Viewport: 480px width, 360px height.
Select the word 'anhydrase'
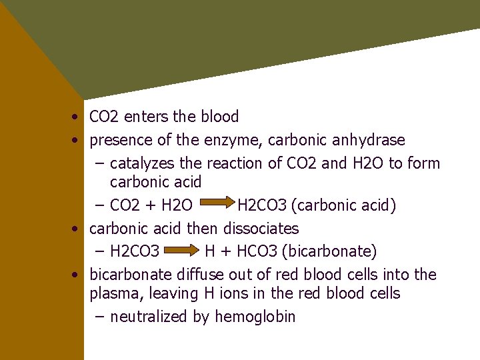(x=371, y=141)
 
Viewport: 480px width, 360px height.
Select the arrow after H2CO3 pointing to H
(x=182, y=251)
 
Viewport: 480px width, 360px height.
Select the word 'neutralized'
(x=149, y=317)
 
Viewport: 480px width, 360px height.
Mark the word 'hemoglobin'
(x=255, y=317)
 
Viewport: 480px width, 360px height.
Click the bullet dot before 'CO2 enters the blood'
(x=77, y=118)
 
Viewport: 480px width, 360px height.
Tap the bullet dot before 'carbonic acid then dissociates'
(x=77, y=229)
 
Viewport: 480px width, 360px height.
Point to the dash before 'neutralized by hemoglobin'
(x=100, y=317)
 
